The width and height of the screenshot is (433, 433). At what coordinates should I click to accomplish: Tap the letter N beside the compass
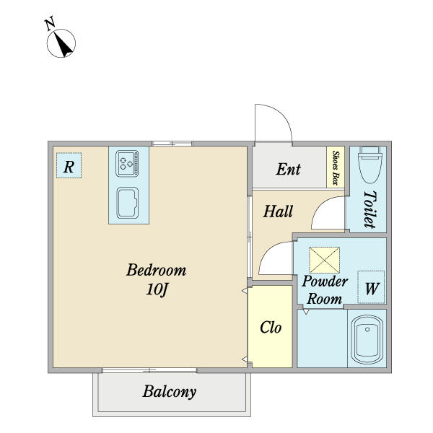point(51,24)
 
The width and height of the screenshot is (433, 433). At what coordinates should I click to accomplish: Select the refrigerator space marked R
point(69,165)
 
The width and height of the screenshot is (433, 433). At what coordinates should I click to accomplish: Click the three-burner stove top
point(127,163)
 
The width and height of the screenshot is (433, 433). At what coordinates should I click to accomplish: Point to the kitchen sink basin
point(127,203)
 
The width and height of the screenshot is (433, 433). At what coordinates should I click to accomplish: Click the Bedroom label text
point(157,270)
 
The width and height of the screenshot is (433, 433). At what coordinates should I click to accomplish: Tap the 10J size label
point(157,289)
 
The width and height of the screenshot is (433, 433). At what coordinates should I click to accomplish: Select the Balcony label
point(170,392)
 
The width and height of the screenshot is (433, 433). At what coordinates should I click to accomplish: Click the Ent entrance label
point(288,169)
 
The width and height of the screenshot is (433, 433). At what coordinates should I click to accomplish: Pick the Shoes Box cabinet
point(336,167)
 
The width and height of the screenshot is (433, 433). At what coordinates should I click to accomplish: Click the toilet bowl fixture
point(369,165)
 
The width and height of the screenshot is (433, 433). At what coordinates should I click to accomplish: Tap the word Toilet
point(370,209)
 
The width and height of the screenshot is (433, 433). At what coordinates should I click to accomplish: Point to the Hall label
point(278,211)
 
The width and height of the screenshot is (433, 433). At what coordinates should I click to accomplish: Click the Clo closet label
point(271,328)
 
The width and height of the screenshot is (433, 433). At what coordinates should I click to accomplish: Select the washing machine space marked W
point(371,287)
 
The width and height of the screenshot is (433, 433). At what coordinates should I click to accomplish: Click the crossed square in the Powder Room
point(324,260)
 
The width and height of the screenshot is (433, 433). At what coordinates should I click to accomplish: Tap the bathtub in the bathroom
point(367,339)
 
